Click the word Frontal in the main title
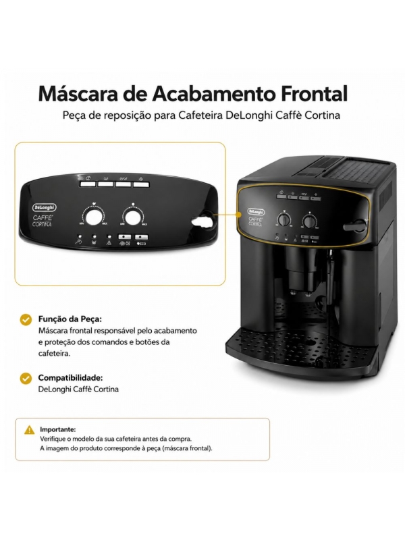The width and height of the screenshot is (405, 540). pos(315,93)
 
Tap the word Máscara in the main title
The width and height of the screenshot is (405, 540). pos(78,93)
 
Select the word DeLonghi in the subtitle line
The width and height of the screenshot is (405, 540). pos(246,115)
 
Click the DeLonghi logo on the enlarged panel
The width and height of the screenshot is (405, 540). pos(45,207)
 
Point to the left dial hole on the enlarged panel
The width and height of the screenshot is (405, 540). pos(94,217)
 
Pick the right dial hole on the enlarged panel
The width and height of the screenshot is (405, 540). pos(133,217)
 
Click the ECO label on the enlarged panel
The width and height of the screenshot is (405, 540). pos(142,244)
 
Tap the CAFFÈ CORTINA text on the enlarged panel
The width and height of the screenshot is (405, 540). pos(43,221)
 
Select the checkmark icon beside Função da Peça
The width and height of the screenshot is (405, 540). pos(26,319)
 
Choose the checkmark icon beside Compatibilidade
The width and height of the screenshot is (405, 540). pos(26,379)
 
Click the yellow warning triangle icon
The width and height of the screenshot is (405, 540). pos(30,430)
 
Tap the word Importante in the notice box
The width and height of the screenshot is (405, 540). pos(58,429)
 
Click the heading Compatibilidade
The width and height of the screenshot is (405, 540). pos(71,378)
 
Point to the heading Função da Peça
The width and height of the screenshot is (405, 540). pos(70,319)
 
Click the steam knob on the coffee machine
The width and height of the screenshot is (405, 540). pos(355,226)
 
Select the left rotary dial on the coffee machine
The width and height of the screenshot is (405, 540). pos(284,220)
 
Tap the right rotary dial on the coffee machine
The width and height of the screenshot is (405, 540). pos(309,222)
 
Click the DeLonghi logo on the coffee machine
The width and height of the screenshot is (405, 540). pos(256,212)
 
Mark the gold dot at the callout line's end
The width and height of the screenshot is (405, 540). pos(238,215)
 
